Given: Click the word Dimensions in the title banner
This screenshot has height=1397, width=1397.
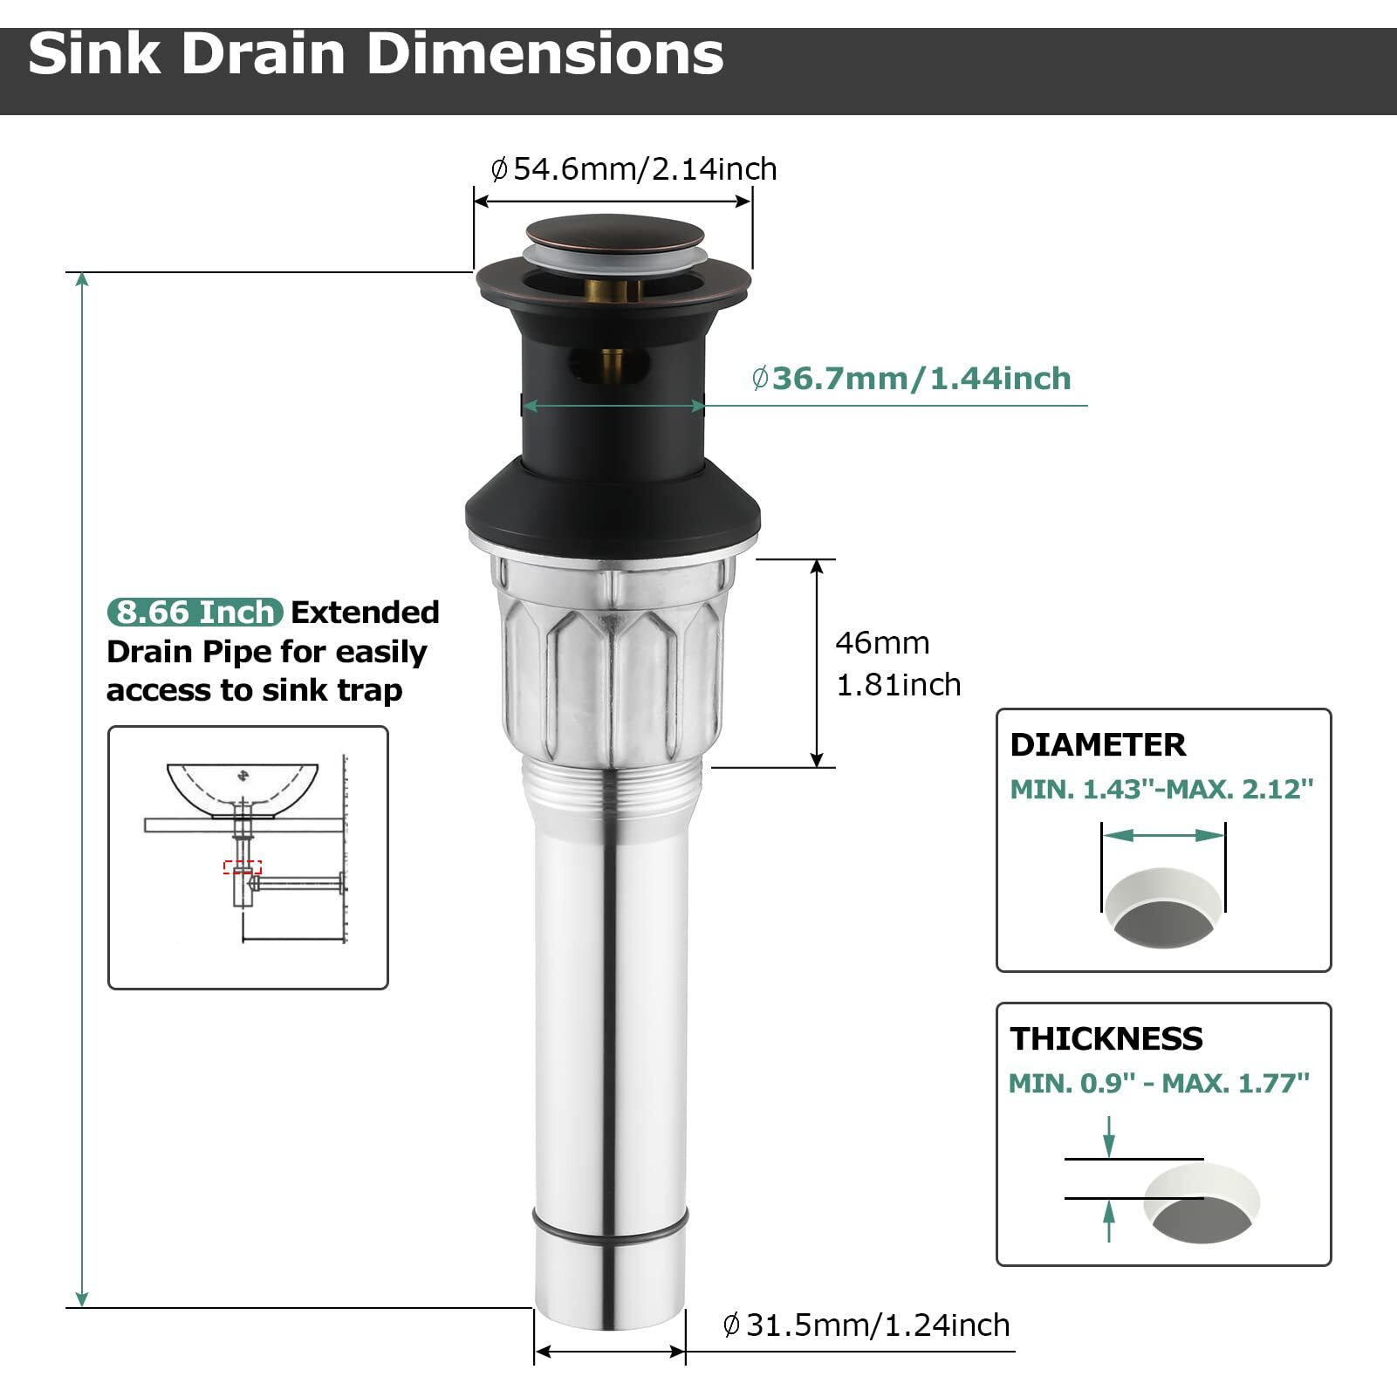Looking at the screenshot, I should pyautogui.click(x=544, y=54).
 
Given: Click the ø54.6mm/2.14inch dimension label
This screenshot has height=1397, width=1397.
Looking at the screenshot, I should pyautogui.click(x=634, y=169).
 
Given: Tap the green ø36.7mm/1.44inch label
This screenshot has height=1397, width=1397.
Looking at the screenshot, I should pyautogui.click(x=912, y=379).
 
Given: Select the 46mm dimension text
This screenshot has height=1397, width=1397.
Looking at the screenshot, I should pyautogui.click(x=882, y=643).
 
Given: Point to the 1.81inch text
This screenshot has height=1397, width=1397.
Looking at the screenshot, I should pyautogui.click(x=898, y=685).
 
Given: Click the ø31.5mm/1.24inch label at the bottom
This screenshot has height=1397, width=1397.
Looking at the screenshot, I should pyautogui.click(x=866, y=1325).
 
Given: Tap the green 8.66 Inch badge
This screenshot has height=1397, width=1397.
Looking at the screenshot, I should pyautogui.click(x=195, y=613).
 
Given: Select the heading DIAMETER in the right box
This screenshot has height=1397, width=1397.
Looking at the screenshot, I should pyautogui.click(x=1097, y=745).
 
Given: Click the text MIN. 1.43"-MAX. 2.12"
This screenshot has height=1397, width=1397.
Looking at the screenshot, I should pyautogui.click(x=1161, y=790).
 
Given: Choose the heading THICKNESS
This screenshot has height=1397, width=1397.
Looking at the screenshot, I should pyautogui.click(x=1106, y=1039).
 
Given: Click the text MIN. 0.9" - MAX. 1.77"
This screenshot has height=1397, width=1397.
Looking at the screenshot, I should pyautogui.click(x=1159, y=1084).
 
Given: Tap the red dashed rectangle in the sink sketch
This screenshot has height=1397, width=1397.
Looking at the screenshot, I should pyautogui.click(x=243, y=867).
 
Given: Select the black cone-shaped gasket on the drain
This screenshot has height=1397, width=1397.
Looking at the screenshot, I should pyautogui.click(x=613, y=510).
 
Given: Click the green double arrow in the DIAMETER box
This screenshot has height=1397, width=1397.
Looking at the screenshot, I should pyautogui.click(x=1163, y=836).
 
